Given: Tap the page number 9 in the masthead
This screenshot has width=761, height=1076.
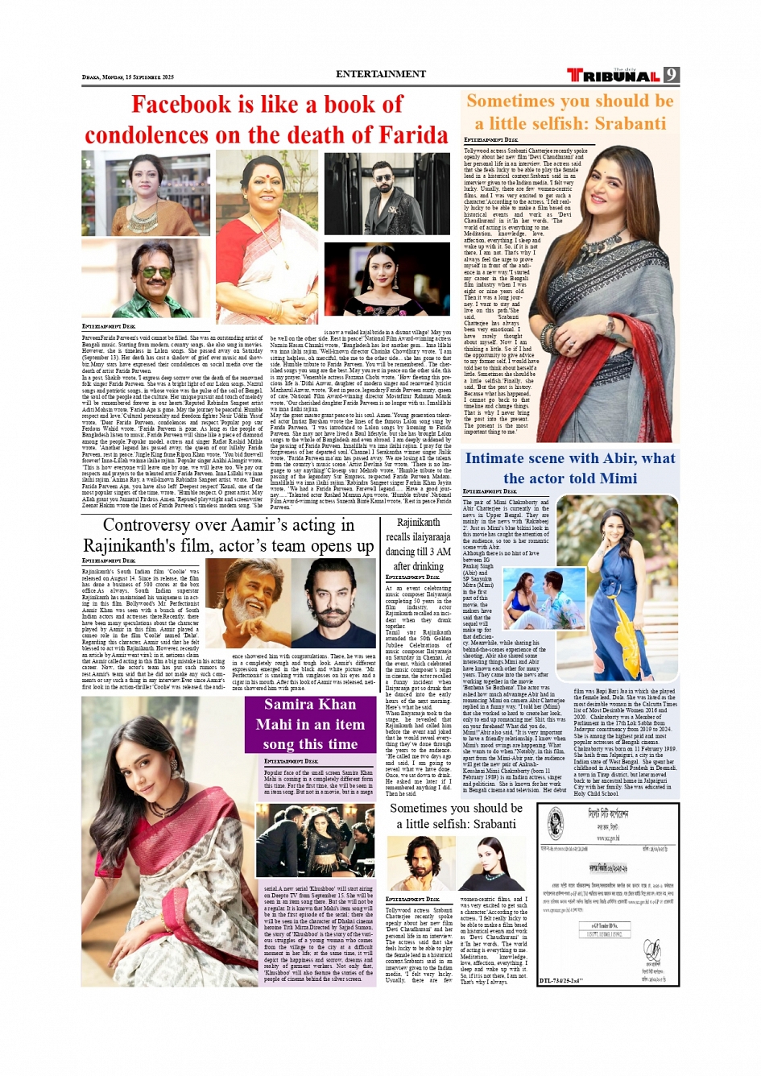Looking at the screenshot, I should [x=671, y=75].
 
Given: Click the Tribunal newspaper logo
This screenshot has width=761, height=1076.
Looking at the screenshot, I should [x=613, y=75].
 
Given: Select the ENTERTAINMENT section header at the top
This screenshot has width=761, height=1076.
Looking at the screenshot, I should [x=381, y=74].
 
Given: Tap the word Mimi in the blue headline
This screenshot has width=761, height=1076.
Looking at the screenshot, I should [x=618, y=478].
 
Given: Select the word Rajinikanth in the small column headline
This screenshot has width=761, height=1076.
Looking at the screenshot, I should [x=418, y=523].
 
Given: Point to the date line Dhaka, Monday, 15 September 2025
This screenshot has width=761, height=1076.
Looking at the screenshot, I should [x=128, y=77].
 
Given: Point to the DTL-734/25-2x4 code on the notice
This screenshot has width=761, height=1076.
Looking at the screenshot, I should [x=560, y=980].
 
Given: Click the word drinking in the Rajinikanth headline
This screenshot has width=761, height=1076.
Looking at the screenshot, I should [x=428, y=566].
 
